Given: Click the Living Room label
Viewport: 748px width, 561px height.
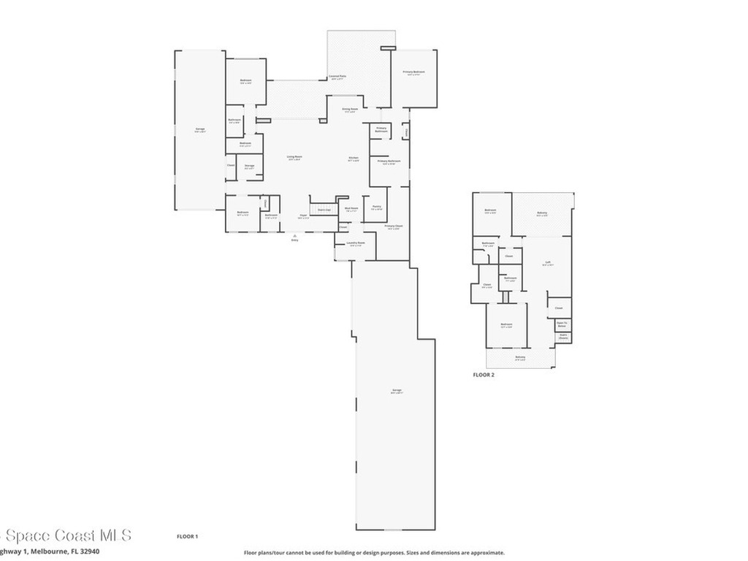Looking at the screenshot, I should point(294,156).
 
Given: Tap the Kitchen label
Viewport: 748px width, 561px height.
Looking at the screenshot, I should point(354,159).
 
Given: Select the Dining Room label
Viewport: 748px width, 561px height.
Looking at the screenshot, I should point(350,109).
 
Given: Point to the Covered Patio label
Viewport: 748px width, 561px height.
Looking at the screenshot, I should point(337,76).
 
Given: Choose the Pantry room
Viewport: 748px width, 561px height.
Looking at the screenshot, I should point(377,207).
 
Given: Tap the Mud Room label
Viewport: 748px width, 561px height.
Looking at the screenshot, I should point(351,208).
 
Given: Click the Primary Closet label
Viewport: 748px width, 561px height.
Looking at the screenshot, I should point(394,226).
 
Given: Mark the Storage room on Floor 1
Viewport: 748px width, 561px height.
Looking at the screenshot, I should point(249,167).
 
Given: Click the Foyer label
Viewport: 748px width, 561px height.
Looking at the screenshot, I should point(302,215).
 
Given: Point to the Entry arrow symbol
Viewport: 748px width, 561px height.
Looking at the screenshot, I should point(294,236).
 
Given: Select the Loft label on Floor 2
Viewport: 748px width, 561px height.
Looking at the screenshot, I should point(547,263).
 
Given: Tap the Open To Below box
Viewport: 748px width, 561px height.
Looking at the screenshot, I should point(562,324).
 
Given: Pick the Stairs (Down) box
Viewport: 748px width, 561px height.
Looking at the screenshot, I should point(562,337).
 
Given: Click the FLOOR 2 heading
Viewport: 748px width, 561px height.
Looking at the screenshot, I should point(484,374).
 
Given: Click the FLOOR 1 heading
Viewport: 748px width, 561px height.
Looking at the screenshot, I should point(187,536).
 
